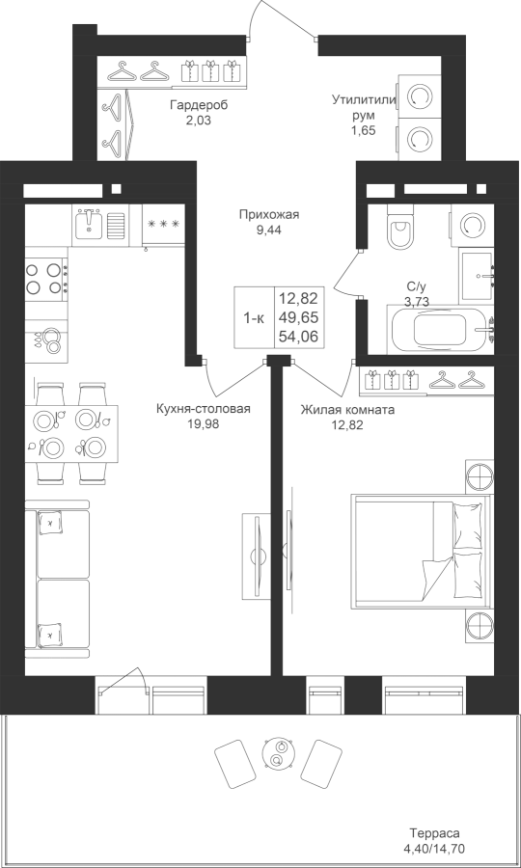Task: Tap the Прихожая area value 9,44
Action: [269, 231]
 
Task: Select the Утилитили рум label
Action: [365, 107]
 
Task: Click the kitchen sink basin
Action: [88, 224]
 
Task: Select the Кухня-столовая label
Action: [204, 409]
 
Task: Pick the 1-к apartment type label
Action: [254, 318]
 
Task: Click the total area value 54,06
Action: [298, 336]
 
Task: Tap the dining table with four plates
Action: [71, 434]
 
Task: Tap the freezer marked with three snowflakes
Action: [163, 224]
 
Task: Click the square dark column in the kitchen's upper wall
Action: [116, 189]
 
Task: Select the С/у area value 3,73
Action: [419, 301]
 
